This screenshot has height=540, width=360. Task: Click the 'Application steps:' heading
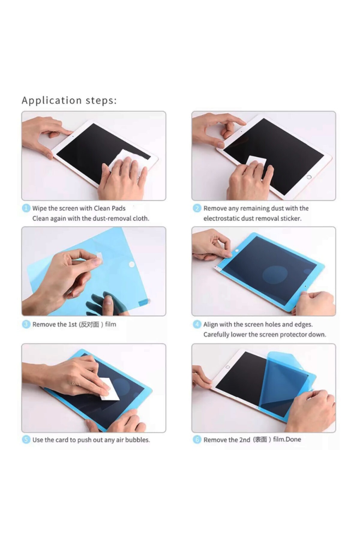[69, 100]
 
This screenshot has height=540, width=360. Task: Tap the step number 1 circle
[26, 208]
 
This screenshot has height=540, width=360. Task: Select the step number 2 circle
[197, 208]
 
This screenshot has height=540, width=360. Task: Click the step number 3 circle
[26, 324]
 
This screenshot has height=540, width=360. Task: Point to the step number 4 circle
[197, 324]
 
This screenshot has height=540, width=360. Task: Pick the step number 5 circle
[26, 440]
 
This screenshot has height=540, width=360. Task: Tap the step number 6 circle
[197, 440]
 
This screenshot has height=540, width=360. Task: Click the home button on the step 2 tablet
[309, 177]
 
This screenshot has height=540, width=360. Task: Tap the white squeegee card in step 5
[109, 389]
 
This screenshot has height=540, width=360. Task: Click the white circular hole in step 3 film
[131, 264]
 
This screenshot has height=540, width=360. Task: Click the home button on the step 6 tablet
[227, 367]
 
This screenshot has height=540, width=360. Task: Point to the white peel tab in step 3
[99, 256]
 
